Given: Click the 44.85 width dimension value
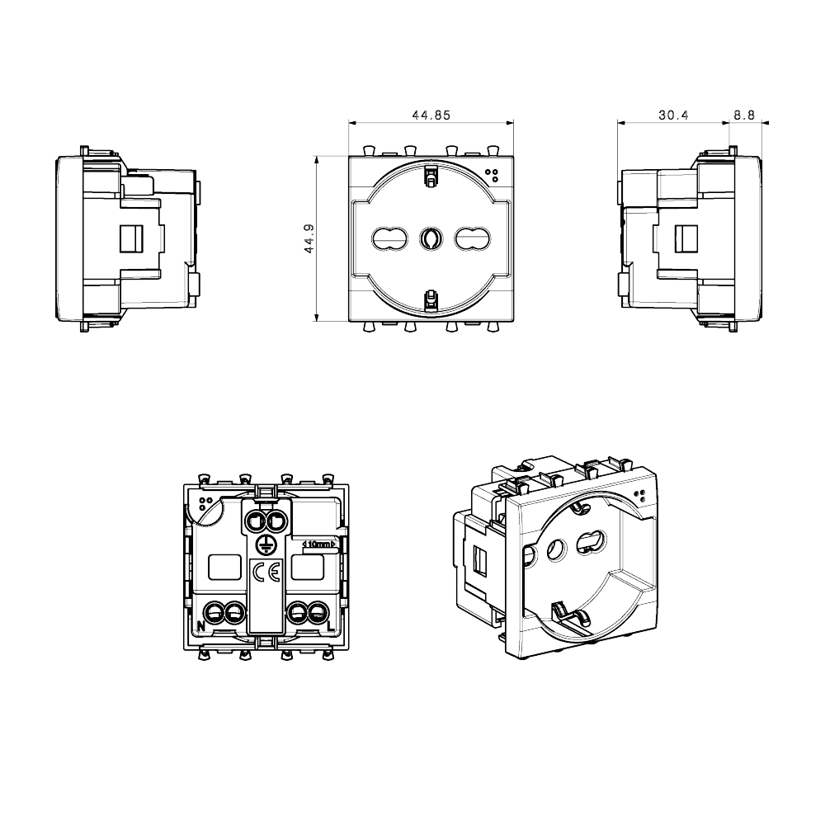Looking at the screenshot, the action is click(x=431, y=115).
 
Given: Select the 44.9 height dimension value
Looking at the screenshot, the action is click(x=309, y=238).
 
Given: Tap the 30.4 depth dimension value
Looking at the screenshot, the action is click(x=673, y=115).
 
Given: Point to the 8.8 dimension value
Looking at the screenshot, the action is click(x=744, y=115).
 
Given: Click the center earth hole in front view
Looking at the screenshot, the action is click(x=431, y=238).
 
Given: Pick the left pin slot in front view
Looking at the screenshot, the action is click(x=390, y=238).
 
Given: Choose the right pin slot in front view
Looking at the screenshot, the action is click(x=472, y=238).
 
